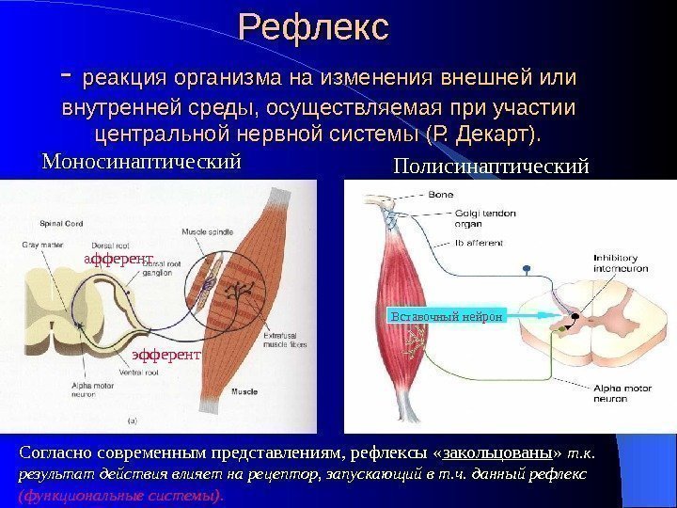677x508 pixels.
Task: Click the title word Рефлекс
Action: [313, 27]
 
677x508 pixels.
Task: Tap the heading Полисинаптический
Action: [491, 167]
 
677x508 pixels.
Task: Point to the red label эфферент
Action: [165, 355]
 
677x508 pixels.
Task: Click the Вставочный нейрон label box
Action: [447, 317]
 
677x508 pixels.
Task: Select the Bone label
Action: [440, 196]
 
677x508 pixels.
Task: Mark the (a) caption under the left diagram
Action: [132, 420]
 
